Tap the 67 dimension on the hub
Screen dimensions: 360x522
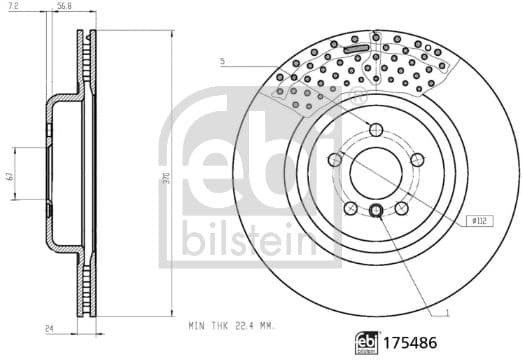coord(8,177)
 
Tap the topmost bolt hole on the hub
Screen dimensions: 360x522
coord(375,129)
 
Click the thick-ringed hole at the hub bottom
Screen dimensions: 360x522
coord(375,209)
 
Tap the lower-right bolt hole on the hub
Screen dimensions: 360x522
coord(400,206)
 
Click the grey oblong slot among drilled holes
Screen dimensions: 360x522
coord(355,48)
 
